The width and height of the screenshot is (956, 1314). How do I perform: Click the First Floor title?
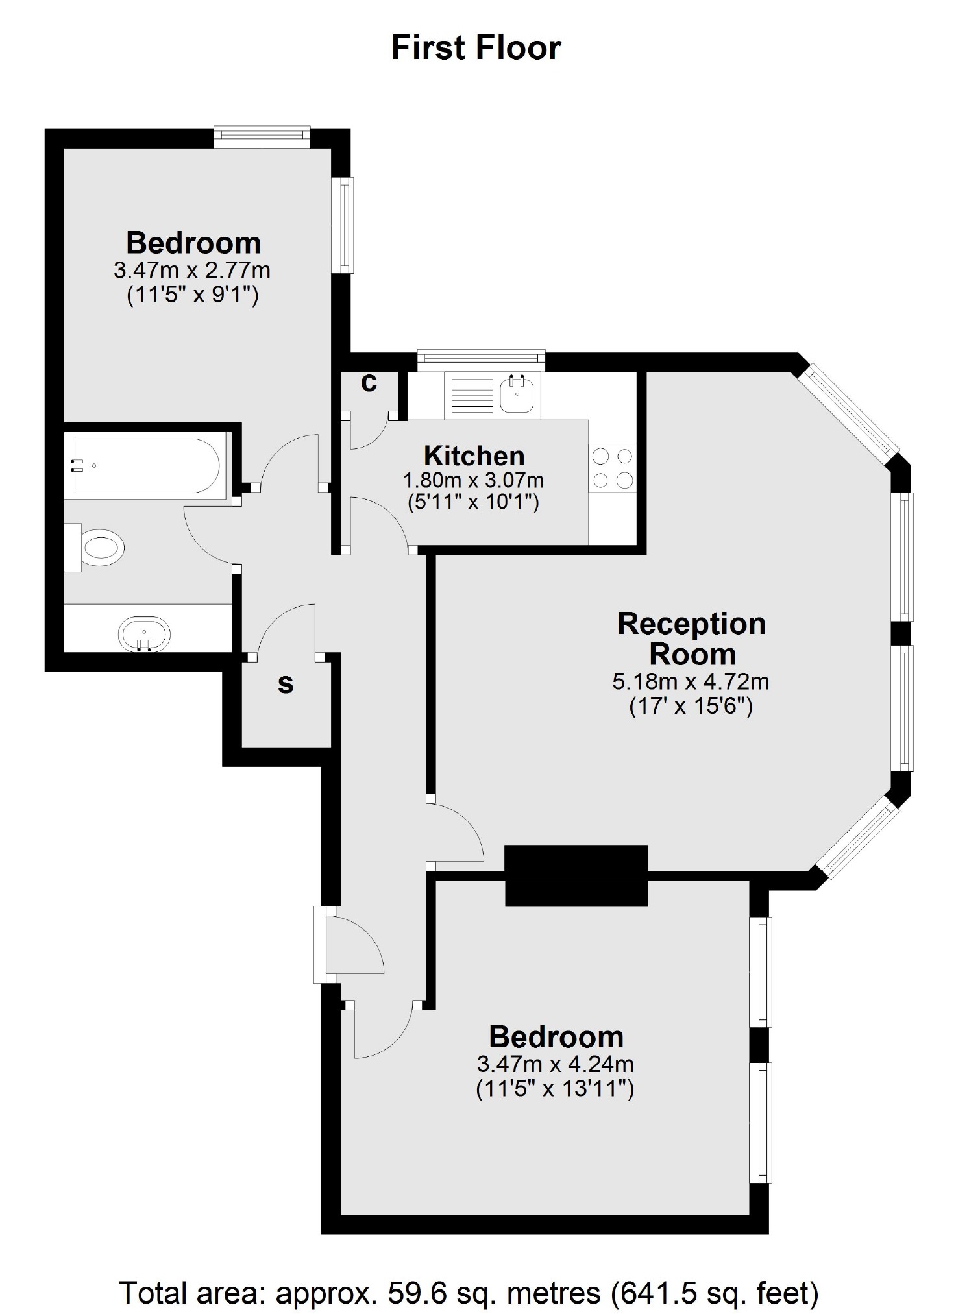coord(476,48)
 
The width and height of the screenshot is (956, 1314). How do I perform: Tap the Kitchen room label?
coord(474,456)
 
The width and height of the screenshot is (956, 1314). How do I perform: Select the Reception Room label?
coord(692,639)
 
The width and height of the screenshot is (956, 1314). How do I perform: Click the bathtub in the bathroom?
coord(146,465)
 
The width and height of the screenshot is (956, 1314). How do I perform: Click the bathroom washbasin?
coord(145,633)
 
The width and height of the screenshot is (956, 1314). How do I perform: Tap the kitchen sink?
coord(517,395)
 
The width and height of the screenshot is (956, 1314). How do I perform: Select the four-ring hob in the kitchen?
coord(613,468)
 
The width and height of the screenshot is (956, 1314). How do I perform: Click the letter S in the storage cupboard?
coord(286,685)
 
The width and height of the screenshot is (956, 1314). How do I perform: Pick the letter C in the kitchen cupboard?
coord(369,383)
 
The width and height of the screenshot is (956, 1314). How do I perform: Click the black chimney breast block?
coord(576,875)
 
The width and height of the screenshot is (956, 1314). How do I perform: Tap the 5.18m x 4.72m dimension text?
coord(691,681)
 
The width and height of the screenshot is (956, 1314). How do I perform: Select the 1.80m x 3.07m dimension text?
coord(473,481)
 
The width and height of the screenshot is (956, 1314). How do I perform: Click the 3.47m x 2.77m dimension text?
coord(192,270)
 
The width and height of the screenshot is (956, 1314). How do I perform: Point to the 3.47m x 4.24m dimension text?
coord(555,1064)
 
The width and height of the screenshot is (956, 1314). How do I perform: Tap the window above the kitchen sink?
coord(481,358)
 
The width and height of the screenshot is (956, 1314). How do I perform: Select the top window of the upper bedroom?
coord(262,134)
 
